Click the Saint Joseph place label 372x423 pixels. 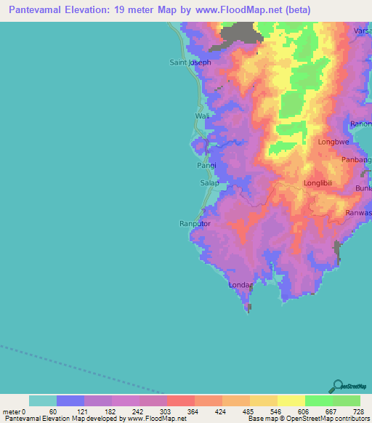190,63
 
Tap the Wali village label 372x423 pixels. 202,116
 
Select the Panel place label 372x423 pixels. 206,166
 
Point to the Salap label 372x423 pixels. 209,183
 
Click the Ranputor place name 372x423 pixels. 195,224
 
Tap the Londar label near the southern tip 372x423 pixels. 240,285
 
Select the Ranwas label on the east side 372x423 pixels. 359,214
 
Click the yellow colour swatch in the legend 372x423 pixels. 291,400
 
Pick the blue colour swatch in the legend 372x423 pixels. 70,400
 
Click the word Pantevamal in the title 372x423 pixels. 44,10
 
